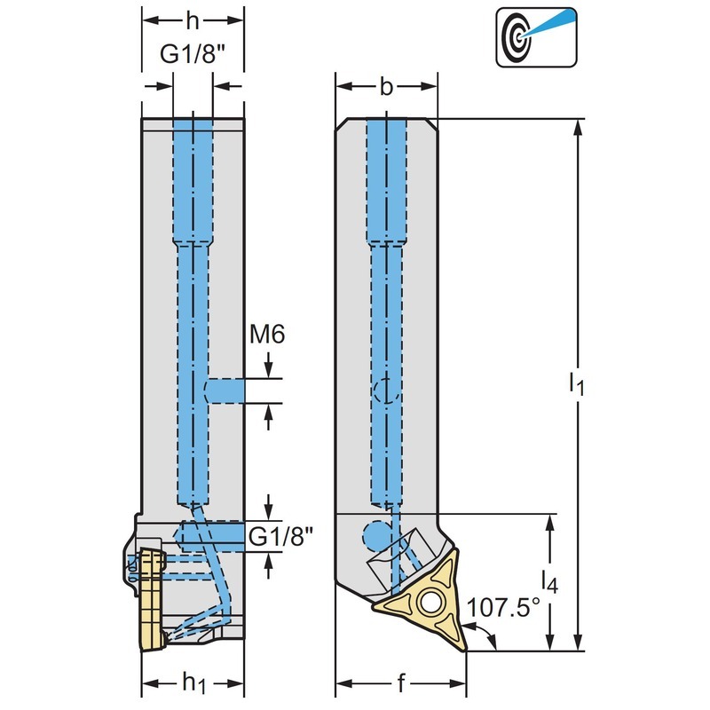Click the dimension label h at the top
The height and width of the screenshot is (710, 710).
pos(193,20)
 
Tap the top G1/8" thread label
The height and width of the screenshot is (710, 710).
pos(193,55)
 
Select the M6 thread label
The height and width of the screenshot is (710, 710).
pos(266,335)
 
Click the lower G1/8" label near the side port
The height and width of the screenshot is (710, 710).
pos(281,536)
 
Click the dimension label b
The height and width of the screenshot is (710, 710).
pos(385,86)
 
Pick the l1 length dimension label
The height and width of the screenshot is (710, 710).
pos(577,383)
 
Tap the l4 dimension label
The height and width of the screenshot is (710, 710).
pos(551,583)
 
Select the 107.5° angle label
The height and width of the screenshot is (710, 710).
pos(503,608)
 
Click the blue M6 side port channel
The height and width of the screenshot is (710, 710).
pos(225,390)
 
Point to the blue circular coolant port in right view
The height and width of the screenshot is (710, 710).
pos(376,536)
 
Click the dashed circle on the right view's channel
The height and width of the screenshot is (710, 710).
pos(385,390)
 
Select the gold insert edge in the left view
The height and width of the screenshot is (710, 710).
pos(150,599)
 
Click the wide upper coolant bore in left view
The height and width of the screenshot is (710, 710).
pos(193,177)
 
